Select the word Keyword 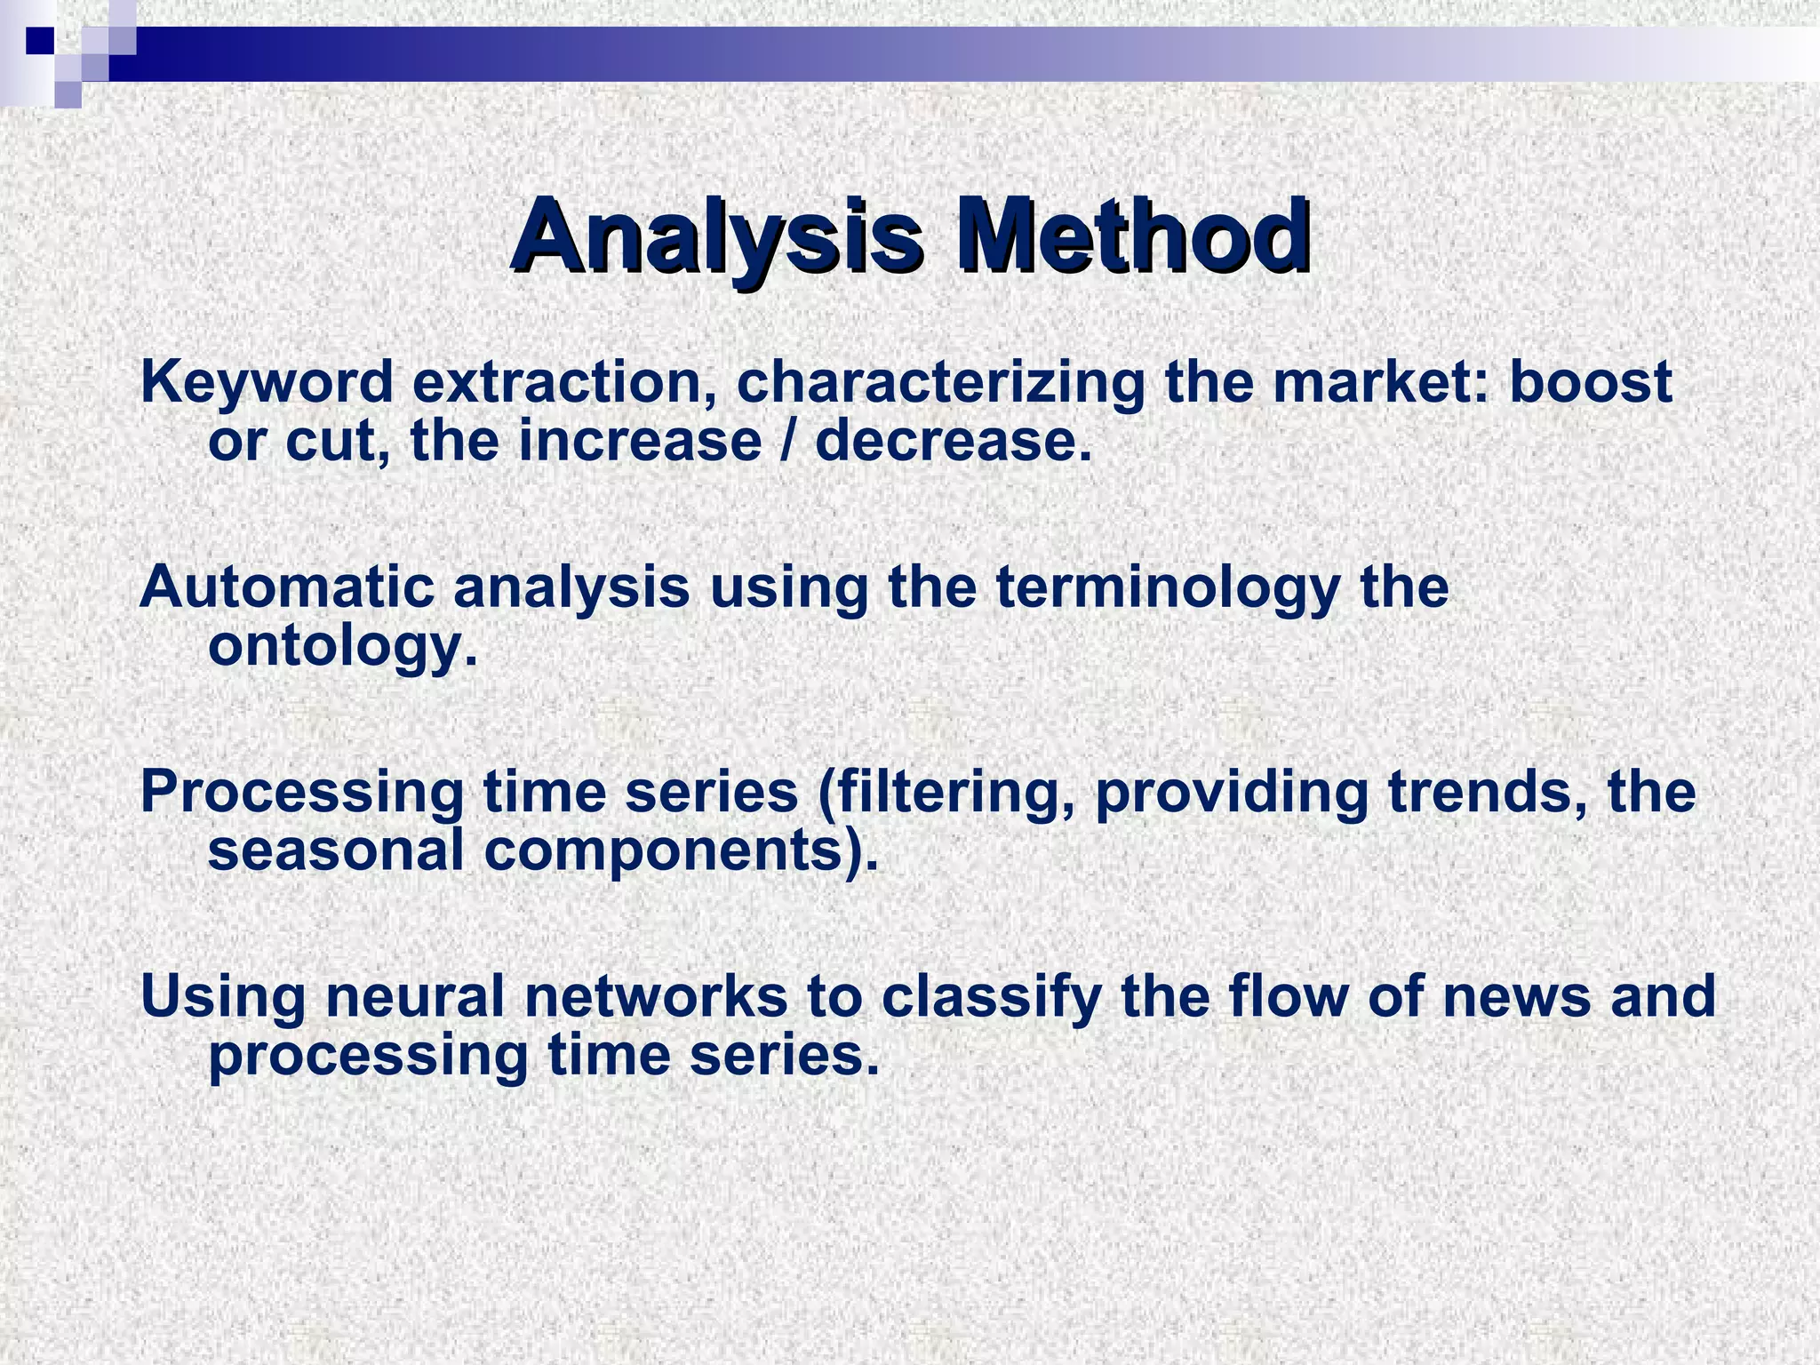266,383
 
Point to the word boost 1591,383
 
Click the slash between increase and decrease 788,441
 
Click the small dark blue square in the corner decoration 39,41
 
